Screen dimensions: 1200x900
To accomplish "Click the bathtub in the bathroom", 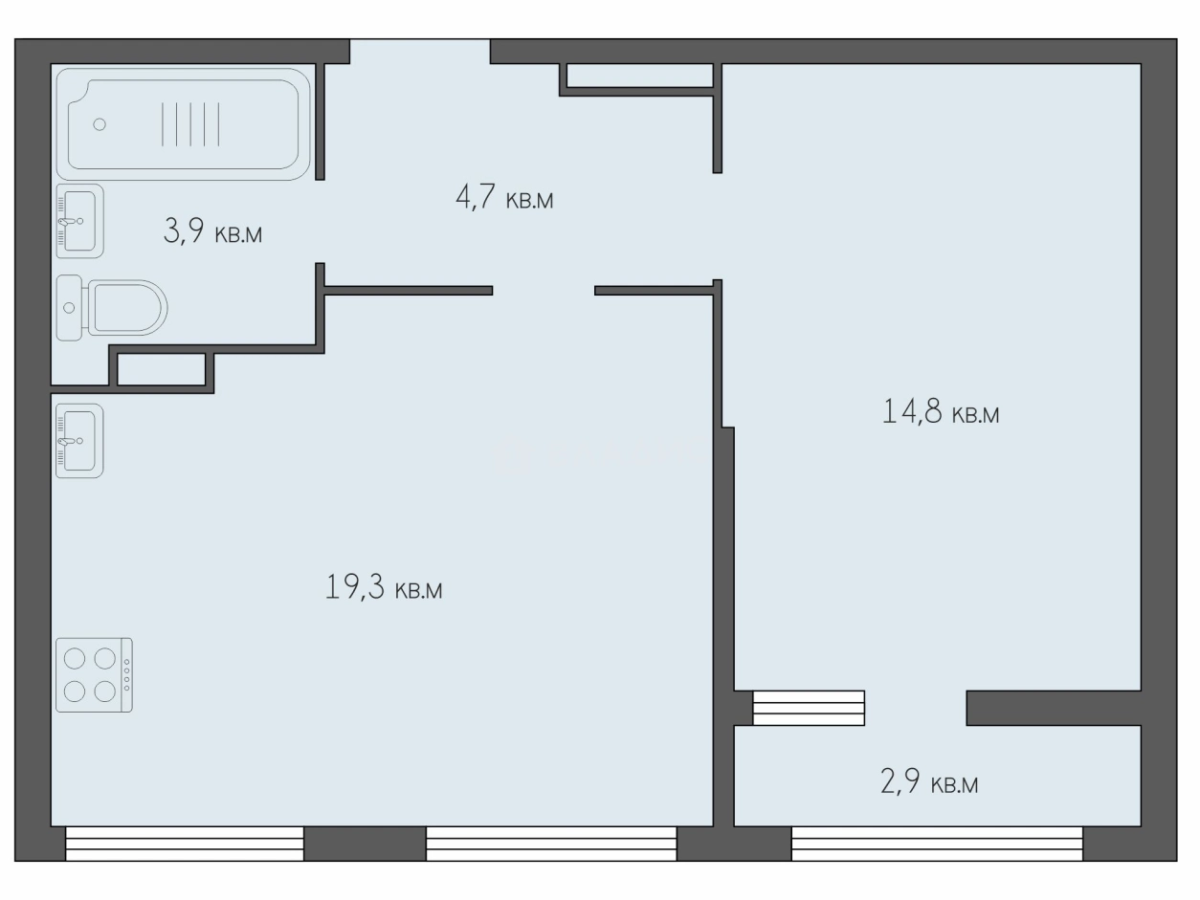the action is coord(183,124).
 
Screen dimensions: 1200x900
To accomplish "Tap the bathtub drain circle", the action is coord(100,124).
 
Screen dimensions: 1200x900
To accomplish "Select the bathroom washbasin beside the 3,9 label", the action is coord(79,221).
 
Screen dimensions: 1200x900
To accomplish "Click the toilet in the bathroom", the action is coord(112,308).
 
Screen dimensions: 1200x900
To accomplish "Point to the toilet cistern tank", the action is coord(69,308).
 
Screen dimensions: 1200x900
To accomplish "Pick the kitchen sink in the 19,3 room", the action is coord(79,441).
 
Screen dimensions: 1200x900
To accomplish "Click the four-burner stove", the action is coord(94,675).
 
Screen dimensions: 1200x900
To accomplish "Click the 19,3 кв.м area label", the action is coord(384,588).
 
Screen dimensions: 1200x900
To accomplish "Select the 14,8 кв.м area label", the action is coord(941,411).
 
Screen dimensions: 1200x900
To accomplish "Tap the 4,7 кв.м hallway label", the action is coord(504,197).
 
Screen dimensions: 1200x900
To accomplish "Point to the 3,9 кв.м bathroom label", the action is coord(212,230).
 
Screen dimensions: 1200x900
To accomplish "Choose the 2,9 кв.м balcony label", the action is coord(929,781).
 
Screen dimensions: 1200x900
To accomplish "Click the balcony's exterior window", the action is coord(937,844).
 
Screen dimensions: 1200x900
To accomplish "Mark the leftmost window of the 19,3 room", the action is coord(185,844).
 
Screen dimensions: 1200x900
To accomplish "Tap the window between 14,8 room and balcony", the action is coord(809,708).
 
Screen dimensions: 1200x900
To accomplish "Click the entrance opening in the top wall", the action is coord(420,52).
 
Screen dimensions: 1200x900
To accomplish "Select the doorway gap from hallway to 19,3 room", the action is coord(544,291).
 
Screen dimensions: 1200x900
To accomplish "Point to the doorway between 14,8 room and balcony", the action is coord(916,708).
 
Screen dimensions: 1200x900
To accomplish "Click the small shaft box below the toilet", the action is coord(162,369).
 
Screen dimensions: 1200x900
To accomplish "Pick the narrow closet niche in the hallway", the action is coord(640,76).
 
